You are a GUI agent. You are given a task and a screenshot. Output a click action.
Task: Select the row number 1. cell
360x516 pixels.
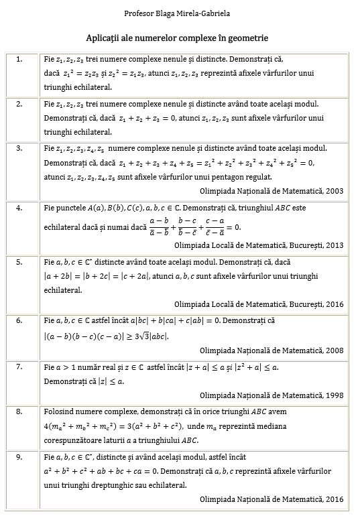(x=19, y=59)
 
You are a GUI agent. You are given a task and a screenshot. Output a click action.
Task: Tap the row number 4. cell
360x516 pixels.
(x=19, y=208)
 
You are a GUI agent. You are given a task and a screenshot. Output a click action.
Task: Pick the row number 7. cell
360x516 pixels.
(x=19, y=367)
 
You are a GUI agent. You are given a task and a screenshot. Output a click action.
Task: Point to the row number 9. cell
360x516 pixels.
(x=19, y=457)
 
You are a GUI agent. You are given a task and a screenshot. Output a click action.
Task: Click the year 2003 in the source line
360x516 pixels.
(x=334, y=191)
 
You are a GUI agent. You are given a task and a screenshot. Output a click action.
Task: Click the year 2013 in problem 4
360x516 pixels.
(x=334, y=245)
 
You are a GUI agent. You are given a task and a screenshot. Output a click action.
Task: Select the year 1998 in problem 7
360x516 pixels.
(x=334, y=395)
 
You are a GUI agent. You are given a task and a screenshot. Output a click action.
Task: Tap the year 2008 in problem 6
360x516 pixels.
(x=334, y=350)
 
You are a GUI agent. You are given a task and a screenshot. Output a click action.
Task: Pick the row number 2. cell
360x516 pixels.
(x=19, y=103)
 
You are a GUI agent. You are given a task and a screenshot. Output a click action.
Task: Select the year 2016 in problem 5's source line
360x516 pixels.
(x=334, y=304)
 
